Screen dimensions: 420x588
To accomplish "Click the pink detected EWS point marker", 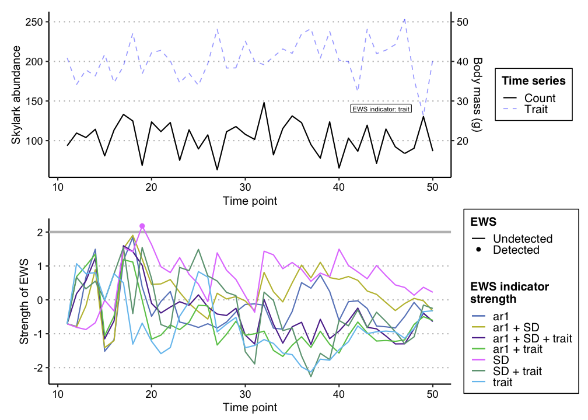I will click(x=142, y=226).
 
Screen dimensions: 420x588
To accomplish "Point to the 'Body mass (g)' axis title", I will click(x=477, y=93).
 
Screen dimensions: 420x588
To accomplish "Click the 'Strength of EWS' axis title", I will click(x=24, y=300).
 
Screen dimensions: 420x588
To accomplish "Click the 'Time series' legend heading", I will click(x=534, y=80).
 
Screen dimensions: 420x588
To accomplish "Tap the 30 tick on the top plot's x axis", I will click(x=245, y=187).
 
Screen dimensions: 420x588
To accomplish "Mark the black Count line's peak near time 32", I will click(x=264, y=103).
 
